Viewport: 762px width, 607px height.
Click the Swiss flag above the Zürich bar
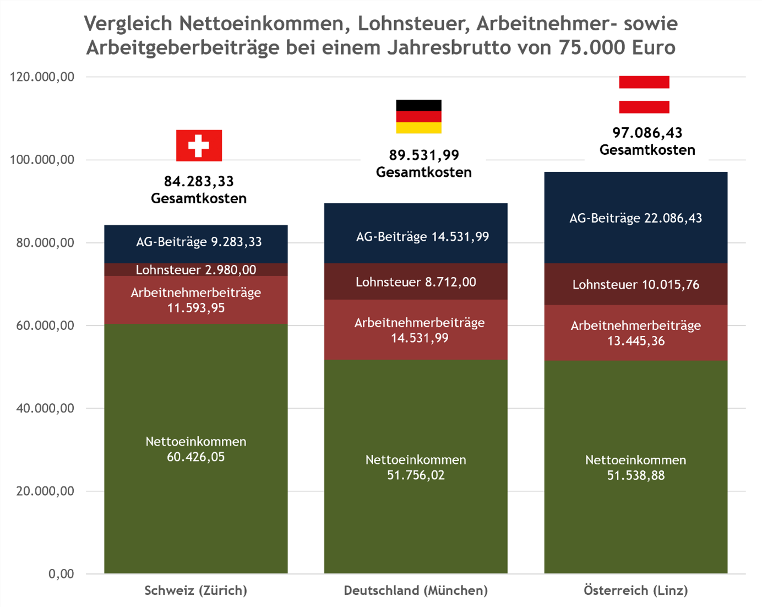point(199,145)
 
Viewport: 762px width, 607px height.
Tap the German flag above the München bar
point(418,116)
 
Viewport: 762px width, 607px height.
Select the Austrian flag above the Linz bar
point(644,94)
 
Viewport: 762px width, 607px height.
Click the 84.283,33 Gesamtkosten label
point(198,189)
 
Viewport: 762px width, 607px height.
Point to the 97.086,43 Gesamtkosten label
point(647,141)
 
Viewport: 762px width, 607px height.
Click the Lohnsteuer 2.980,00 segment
point(196,269)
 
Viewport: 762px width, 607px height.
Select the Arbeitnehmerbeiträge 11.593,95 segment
point(196,300)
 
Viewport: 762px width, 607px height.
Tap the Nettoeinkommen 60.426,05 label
point(196,449)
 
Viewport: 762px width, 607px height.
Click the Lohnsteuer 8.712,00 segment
point(416,282)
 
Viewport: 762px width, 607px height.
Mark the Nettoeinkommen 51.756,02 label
point(416,467)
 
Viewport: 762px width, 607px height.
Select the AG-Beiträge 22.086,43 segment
point(635,218)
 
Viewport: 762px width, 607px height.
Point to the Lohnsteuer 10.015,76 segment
point(635,284)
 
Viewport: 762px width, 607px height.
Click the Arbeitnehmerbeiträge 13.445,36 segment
point(635,333)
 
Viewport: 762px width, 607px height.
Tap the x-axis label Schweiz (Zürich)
point(195,590)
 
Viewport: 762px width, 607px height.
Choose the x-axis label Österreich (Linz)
point(635,590)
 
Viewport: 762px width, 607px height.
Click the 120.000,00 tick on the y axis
point(42,77)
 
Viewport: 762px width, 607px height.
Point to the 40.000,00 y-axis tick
point(45,408)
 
